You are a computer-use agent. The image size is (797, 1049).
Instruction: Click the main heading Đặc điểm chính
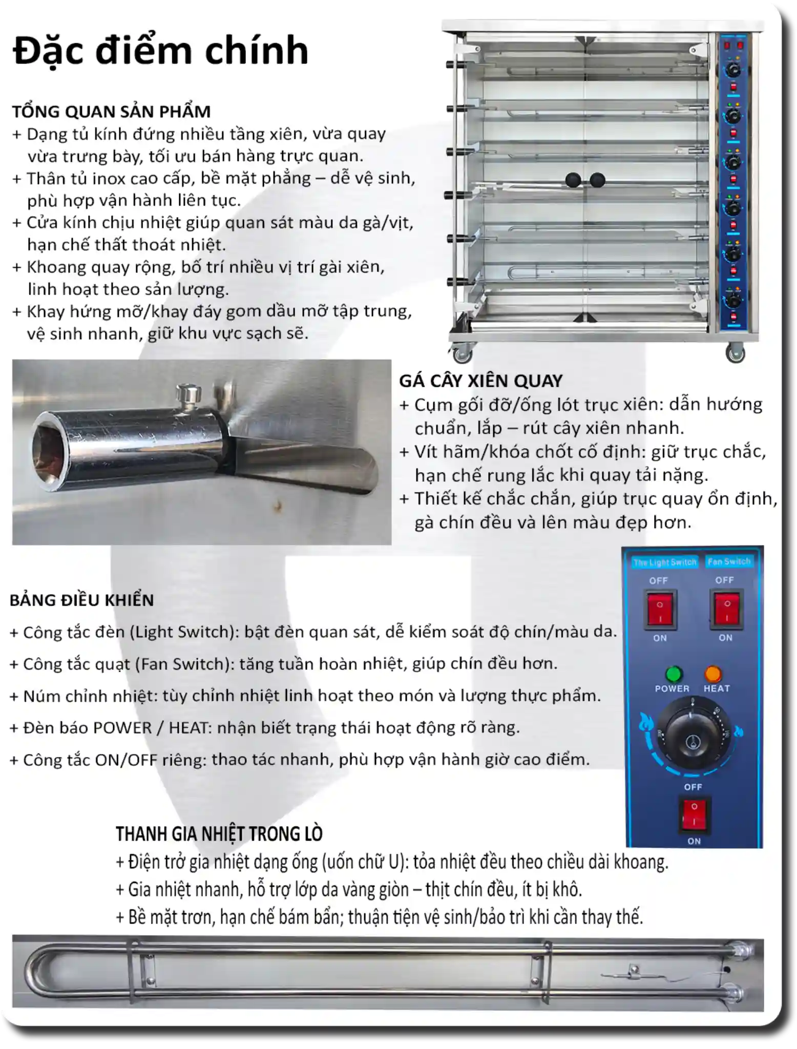coord(160,51)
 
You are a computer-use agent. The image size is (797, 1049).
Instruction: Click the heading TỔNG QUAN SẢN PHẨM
coord(111,112)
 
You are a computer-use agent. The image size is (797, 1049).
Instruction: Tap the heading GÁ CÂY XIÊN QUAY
coord(480,381)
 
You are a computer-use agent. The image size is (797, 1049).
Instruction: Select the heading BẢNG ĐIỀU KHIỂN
coord(82,600)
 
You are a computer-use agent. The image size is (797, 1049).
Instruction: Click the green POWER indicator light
coord(674,674)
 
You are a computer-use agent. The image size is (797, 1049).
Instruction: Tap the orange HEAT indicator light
coord(713,674)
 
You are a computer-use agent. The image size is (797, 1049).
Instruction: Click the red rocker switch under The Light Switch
coord(660,609)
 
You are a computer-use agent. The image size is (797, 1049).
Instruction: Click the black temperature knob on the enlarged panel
coord(692,738)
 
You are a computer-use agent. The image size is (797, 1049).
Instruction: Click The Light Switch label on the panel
coord(665,562)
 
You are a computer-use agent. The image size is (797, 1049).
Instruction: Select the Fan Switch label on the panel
coord(728,561)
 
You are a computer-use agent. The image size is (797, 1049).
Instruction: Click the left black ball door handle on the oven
coord(573,180)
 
